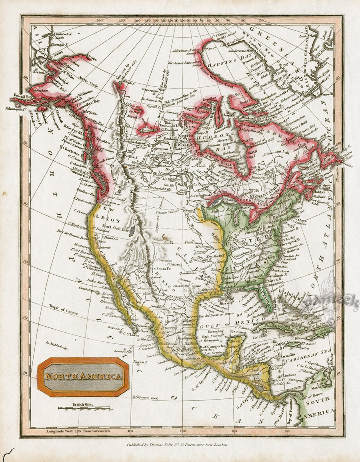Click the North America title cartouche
83,377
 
